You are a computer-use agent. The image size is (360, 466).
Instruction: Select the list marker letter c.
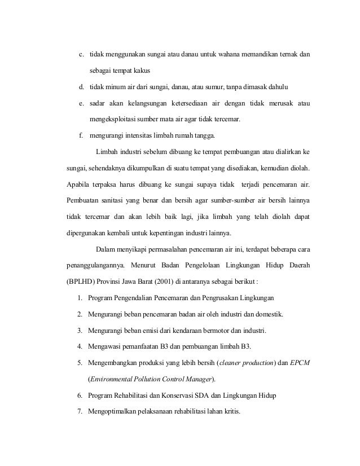click(81, 55)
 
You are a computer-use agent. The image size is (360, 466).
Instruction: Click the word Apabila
click(78, 184)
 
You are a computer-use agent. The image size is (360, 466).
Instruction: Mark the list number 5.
click(80, 362)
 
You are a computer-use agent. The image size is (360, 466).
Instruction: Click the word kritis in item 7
click(228, 411)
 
